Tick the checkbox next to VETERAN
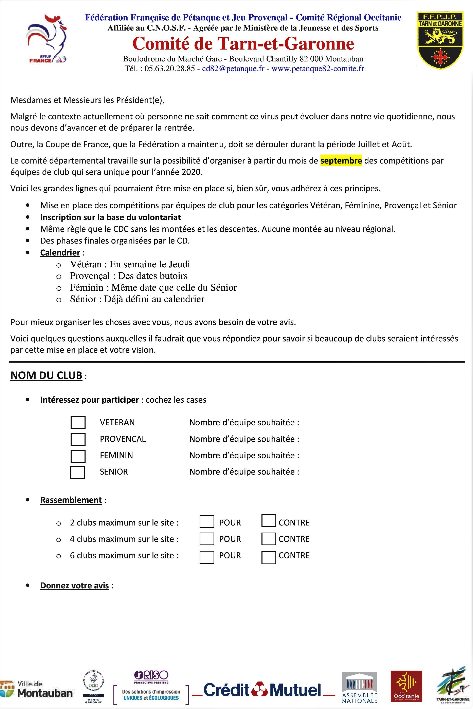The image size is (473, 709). tap(78, 422)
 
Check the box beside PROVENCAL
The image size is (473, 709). tap(78, 439)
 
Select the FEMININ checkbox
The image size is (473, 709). tap(78, 456)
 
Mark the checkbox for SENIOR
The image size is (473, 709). tap(77, 472)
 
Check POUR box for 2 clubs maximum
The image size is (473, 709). tap(207, 521)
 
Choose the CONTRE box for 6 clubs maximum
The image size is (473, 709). tap(269, 557)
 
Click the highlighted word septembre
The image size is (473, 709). tap(341, 161)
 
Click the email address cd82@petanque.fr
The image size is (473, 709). tap(233, 69)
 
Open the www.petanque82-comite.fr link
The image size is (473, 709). tap(318, 69)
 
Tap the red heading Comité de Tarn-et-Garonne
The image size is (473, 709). tap(243, 44)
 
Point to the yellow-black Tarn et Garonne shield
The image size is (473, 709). tap(440, 40)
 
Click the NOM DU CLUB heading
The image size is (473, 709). tap(47, 375)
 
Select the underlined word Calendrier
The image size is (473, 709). tap(60, 253)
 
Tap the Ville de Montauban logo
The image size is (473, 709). tap(37, 689)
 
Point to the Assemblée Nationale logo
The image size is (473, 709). tap(360, 688)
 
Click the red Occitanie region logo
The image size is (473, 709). tap(406, 686)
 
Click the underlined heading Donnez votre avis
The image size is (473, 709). tap(74, 586)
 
